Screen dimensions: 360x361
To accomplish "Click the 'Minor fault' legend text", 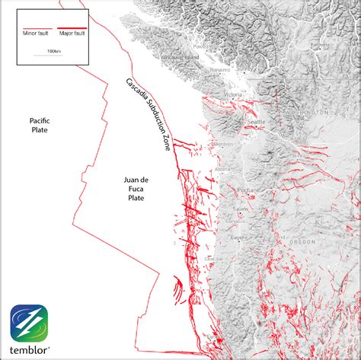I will pos(36,33).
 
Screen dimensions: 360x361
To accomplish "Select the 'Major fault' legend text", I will pos(70,33).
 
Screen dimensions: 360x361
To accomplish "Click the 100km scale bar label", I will pos(53,51).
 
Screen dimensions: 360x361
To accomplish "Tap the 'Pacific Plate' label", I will pos(40,126).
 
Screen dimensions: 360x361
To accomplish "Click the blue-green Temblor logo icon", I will pos(29,323).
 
